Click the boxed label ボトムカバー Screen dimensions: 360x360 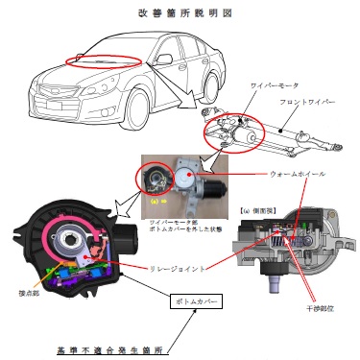[197, 302]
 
